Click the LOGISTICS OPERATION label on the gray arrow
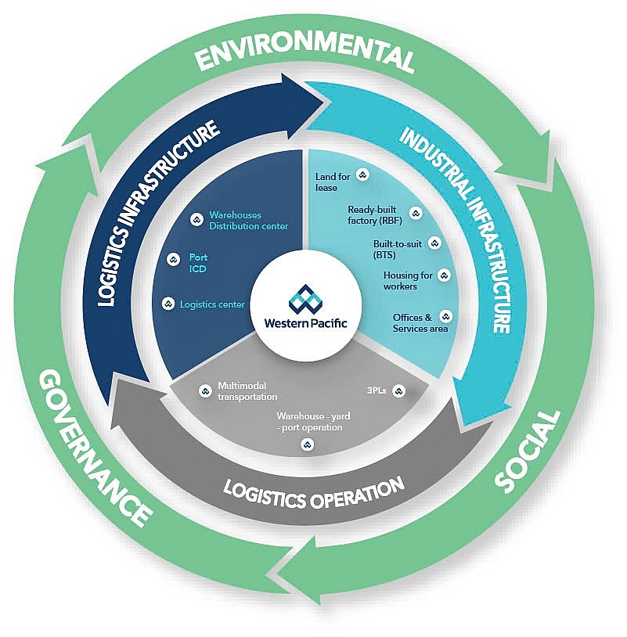click(x=314, y=491)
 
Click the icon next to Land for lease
click(x=362, y=175)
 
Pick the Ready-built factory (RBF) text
click(x=374, y=215)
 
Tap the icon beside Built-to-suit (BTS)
click(x=435, y=243)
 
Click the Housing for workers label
click(x=406, y=280)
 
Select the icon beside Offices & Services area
click(x=446, y=317)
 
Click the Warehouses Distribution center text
click(x=248, y=221)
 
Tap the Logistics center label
click(x=212, y=304)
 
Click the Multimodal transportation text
click(x=247, y=391)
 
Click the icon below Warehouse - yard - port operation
click(x=307, y=444)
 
